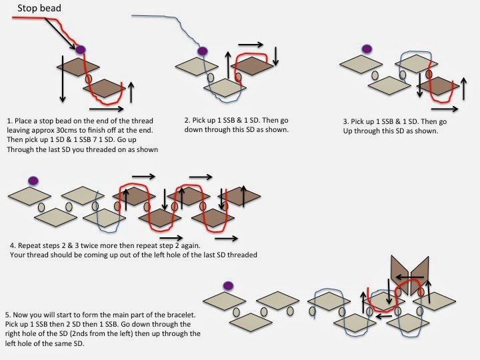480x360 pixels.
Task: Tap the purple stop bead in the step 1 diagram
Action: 81,49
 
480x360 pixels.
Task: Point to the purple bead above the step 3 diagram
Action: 366,48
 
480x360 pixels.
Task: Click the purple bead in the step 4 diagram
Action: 33,180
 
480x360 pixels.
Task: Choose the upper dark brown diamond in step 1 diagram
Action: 78,66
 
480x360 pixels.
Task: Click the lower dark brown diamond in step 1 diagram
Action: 105,87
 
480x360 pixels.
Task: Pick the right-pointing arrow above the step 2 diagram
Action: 251,45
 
